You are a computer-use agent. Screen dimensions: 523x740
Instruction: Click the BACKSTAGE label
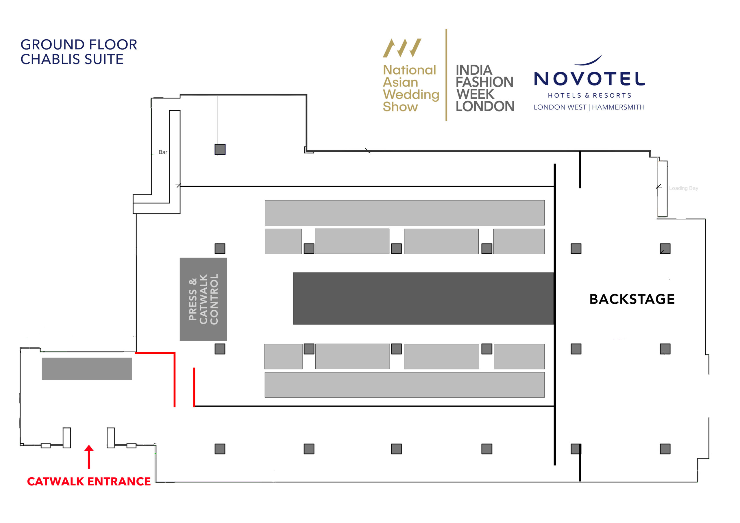(x=632, y=299)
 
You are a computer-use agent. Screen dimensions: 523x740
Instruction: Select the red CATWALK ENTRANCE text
(x=89, y=481)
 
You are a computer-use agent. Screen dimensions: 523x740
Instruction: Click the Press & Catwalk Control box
(x=203, y=299)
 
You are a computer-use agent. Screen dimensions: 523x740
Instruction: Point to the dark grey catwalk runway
(x=423, y=298)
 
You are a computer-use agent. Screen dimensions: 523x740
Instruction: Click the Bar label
(x=163, y=152)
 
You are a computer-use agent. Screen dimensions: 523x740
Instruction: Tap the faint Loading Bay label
(x=683, y=188)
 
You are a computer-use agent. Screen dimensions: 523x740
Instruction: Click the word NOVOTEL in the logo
(x=589, y=79)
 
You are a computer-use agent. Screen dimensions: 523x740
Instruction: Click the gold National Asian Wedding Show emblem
(x=402, y=48)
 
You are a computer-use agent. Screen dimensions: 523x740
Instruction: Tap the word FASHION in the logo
(x=484, y=82)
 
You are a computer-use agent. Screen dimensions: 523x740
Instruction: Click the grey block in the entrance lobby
(x=87, y=369)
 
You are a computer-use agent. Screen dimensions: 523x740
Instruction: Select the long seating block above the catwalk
(x=404, y=213)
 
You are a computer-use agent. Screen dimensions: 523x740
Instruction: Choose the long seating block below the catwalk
(x=404, y=385)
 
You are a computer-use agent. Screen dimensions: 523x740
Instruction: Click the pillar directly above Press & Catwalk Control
(x=220, y=249)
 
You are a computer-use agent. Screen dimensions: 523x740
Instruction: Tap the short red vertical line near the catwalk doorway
(x=194, y=387)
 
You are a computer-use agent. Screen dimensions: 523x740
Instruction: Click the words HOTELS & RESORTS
(x=589, y=95)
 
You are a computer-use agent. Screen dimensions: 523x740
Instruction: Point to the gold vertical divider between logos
(x=446, y=75)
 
